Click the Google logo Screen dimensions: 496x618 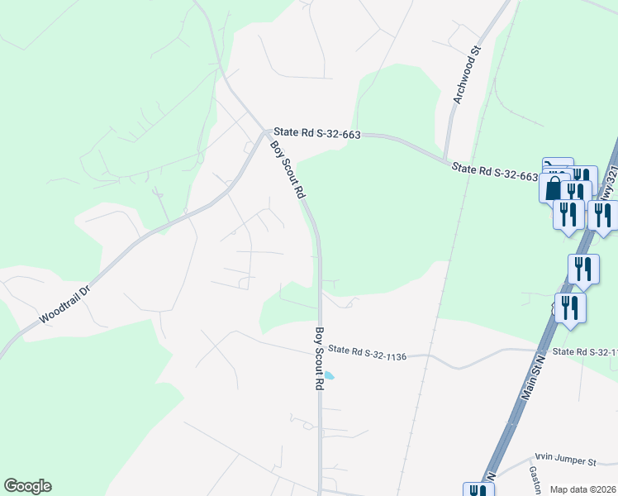tap(27, 486)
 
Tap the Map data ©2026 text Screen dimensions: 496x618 tap(582, 489)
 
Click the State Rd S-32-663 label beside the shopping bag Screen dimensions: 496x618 tap(494, 171)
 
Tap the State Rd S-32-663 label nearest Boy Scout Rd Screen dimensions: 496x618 tap(318, 131)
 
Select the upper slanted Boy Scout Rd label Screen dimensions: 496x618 tap(288, 169)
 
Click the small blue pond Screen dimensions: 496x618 tap(330, 376)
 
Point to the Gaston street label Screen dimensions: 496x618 tap(535, 475)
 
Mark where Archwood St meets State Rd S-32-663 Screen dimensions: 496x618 tap(444, 160)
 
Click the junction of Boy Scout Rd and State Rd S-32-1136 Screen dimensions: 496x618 tap(320, 347)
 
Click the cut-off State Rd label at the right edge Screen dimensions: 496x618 tap(585, 352)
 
